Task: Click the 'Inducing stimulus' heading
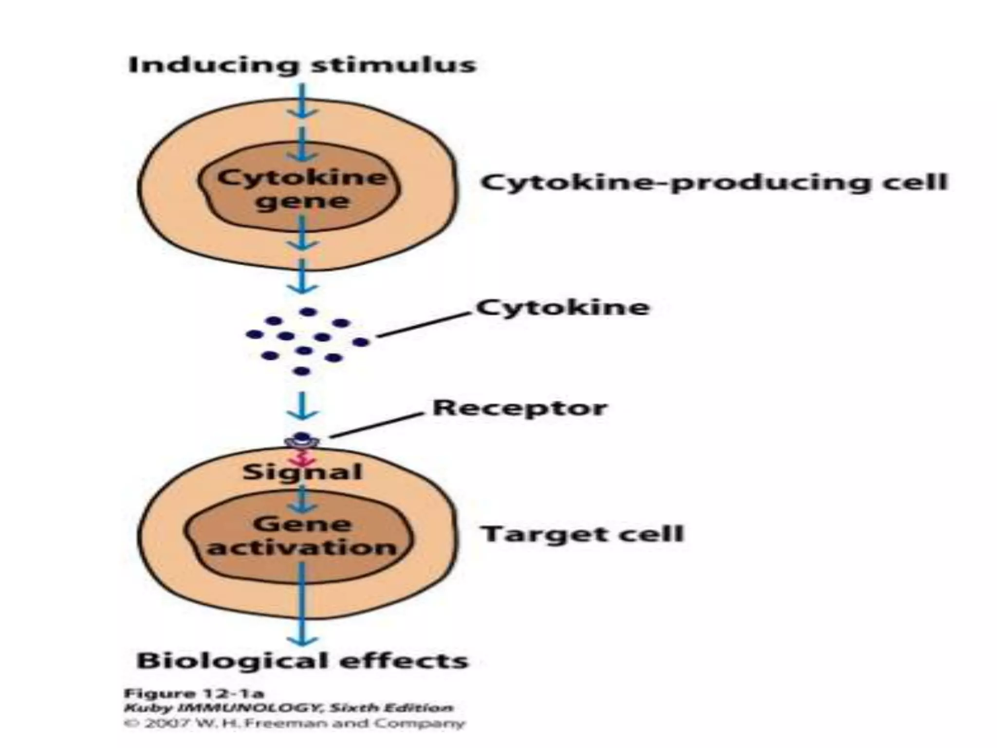pos(302,65)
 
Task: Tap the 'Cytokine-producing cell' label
pos(714,183)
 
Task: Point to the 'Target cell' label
pos(583,534)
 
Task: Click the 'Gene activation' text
pos(302,536)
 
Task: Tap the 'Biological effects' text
pos(302,661)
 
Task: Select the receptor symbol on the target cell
pos(302,440)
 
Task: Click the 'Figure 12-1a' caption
pos(194,693)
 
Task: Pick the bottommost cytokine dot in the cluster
pos(302,372)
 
